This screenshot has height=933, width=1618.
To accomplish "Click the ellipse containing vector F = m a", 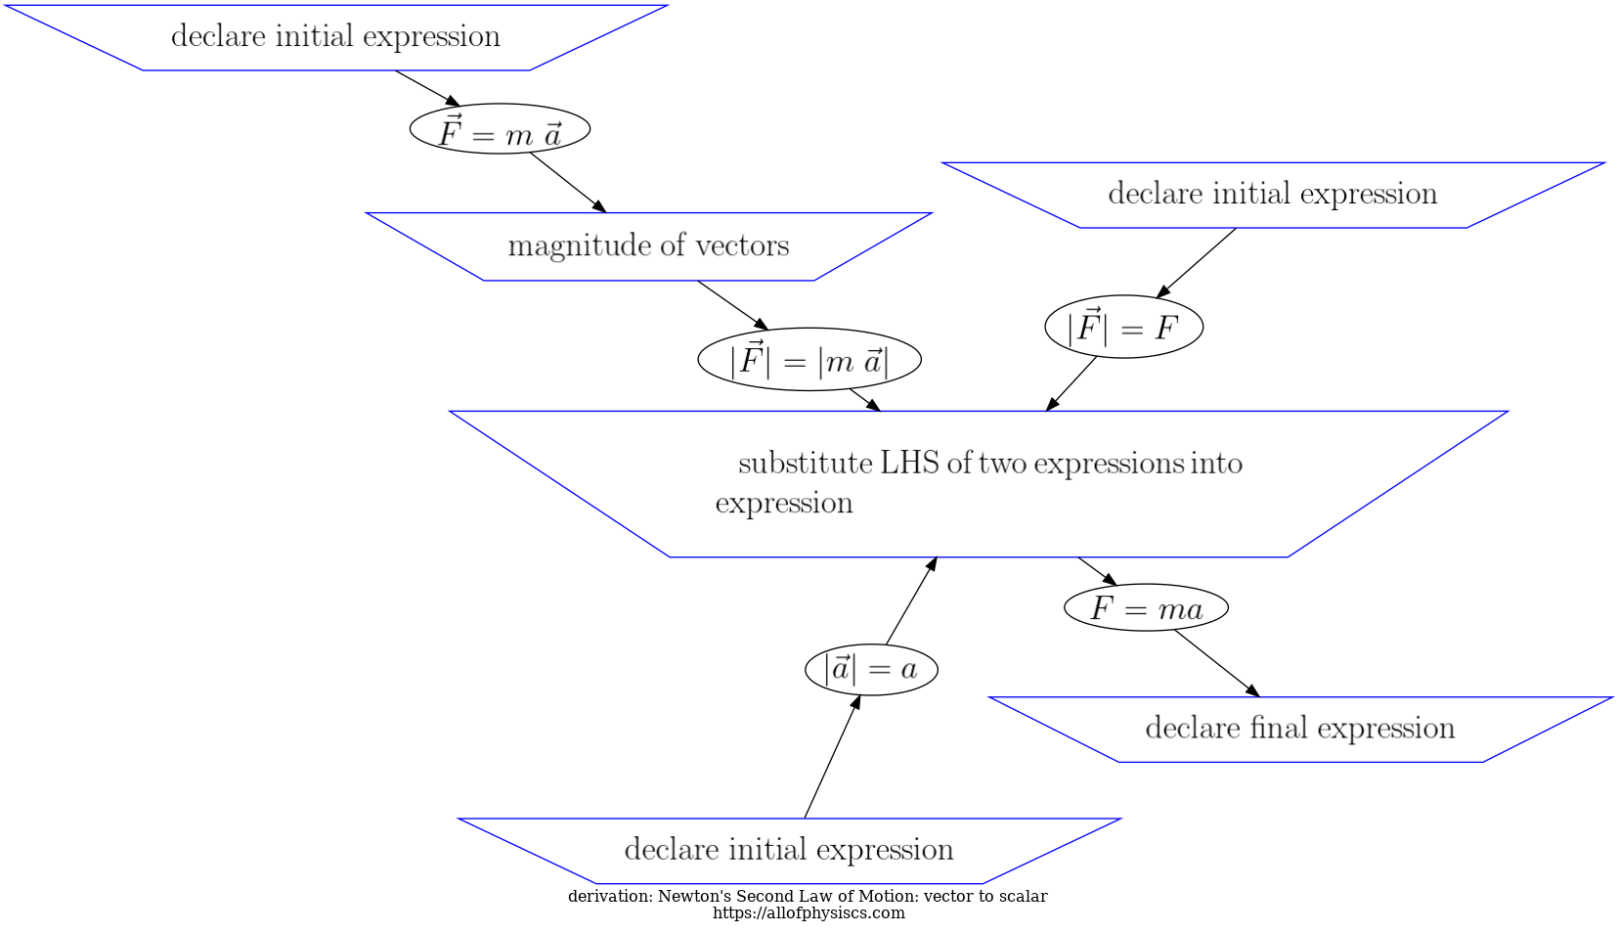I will [500, 129].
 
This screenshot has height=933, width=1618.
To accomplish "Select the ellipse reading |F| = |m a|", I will [809, 360].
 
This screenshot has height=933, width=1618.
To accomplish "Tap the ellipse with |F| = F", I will [1123, 327].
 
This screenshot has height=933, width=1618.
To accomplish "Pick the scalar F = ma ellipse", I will [1146, 608].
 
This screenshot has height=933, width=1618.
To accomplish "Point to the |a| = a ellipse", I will [871, 670].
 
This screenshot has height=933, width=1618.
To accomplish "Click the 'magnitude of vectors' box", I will [648, 245].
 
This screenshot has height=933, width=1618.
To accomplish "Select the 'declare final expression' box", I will [1299, 729].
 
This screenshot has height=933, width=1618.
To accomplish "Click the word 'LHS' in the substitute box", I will [909, 463].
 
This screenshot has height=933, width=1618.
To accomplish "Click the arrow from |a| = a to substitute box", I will [911, 601].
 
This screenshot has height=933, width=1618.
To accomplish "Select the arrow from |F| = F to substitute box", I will [1071, 384].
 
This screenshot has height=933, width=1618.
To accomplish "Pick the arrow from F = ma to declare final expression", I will [1216, 663].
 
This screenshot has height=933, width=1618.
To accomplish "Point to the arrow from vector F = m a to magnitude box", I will [568, 182].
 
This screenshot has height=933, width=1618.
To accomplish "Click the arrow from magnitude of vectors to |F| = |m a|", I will [732, 305].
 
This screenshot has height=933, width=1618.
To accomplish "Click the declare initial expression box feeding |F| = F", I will [1272, 195].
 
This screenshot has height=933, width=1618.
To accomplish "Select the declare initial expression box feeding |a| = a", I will [788, 850].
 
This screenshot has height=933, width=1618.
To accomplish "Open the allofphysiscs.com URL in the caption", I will [809, 913].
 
